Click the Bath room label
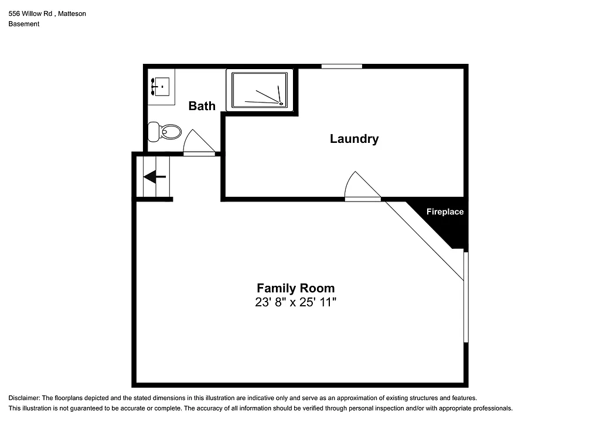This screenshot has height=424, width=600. pos(202,106)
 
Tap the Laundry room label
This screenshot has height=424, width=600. pos(354,139)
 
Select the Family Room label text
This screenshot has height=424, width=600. pos(296,288)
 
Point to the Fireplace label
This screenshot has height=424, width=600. pos(445,212)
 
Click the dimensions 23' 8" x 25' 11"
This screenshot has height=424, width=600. pos(295,303)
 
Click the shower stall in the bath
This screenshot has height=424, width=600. pos(260,90)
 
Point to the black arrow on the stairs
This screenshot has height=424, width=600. pos(155,176)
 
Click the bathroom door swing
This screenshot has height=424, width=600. pos(197,143)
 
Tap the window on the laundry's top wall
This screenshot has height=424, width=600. pos(342,66)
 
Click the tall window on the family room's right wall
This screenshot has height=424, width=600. pos(466,297)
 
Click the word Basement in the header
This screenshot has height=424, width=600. pos(24,24)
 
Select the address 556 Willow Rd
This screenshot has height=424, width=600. pos(34,13)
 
